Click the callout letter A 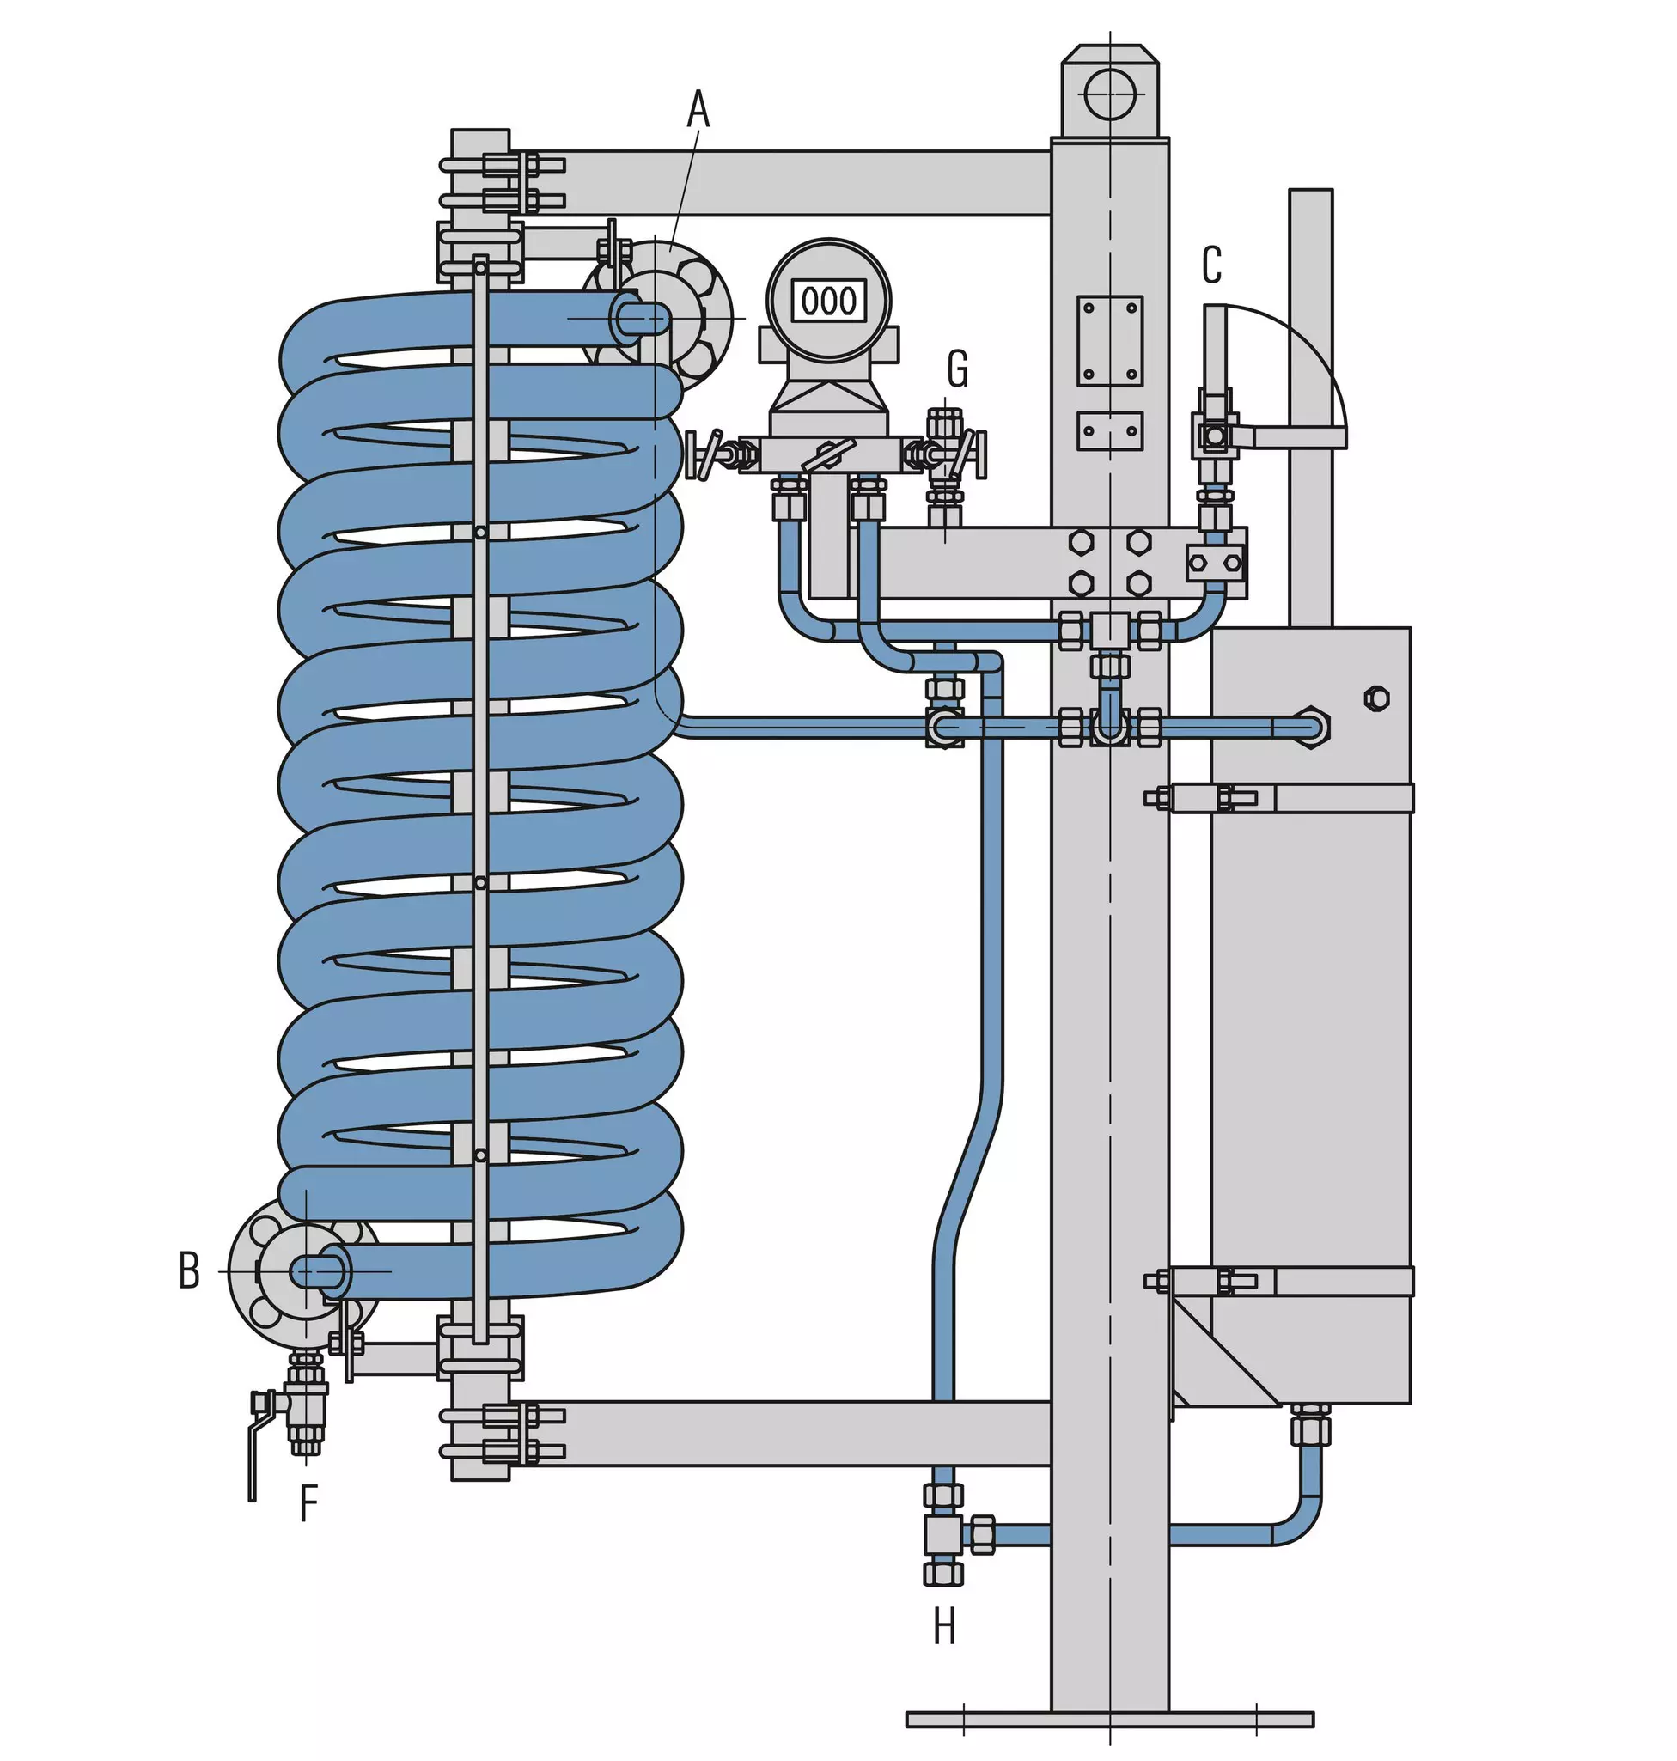coord(698,110)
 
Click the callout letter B coord(189,1270)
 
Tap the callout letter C coord(1211,265)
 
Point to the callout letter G coord(957,369)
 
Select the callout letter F coord(308,1502)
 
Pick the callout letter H coord(944,1627)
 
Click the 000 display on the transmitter coord(829,301)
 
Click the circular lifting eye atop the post coord(1109,93)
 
